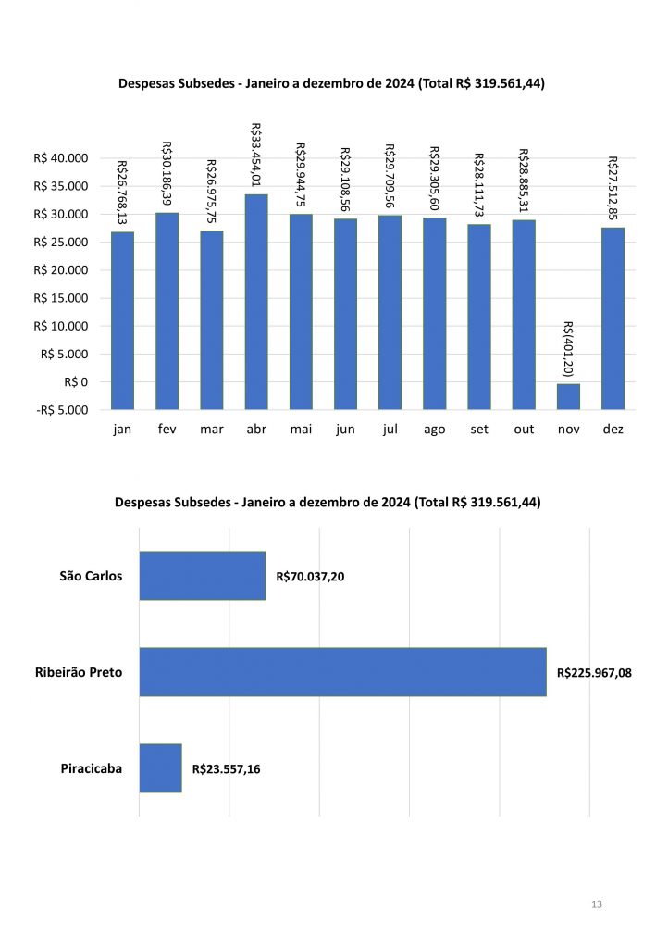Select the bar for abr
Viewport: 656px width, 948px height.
(256, 301)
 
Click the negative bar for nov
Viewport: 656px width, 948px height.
(568, 396)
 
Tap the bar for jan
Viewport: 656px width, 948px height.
(122, 319)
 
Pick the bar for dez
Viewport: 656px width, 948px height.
(613, 318)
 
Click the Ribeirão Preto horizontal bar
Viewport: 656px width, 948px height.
(342, 671)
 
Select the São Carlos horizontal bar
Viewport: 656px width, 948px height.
(202, 576)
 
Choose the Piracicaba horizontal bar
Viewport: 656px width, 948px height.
(160, 767)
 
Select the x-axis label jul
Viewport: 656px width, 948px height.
(390, 430)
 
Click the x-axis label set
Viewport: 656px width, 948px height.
(479, 430)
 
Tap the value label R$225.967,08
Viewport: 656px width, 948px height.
(594, 673)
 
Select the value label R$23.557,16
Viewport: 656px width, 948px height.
(226, 768)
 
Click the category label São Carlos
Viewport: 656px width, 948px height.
(91, 576)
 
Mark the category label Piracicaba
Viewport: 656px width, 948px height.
(92, 767)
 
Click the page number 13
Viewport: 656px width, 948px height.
(596, 904)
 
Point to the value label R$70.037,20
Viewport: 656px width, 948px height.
(310, 577)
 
